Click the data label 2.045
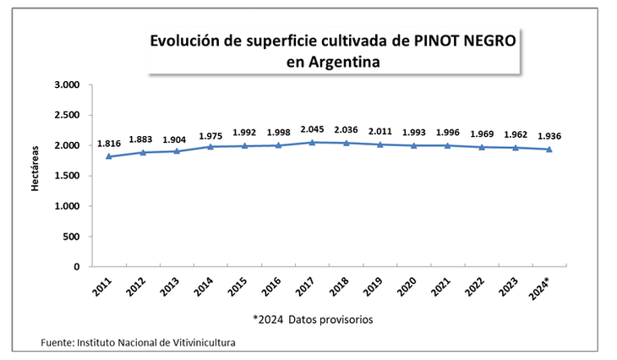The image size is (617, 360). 312,129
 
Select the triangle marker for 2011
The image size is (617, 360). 108,156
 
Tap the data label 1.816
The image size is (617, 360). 108,144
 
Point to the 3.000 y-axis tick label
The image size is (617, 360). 65,85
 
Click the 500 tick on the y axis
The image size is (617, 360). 71,237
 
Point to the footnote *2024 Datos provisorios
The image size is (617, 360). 313,319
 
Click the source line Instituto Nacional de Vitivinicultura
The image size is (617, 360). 156,342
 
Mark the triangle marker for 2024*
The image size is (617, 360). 549,150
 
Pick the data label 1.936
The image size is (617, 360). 549,136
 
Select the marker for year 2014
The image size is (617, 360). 210,147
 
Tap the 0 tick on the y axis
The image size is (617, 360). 76,267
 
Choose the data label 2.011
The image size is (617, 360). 379,132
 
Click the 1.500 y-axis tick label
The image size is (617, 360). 65,176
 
